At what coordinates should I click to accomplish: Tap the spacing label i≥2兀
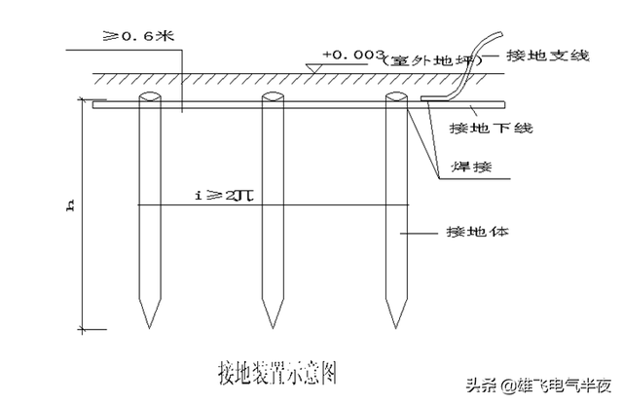coord(226,195)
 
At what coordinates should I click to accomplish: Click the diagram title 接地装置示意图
coord(276,372)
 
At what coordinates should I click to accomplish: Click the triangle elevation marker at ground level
coord(311,66)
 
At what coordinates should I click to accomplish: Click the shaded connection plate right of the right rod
coord(431,99)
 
